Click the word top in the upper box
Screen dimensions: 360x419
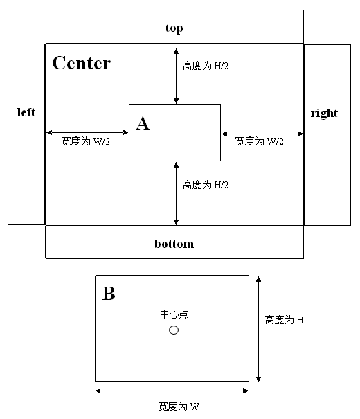[x=174, y=28]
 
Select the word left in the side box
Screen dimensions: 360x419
[x=26, y=112]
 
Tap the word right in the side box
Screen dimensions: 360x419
[x=324, y=114]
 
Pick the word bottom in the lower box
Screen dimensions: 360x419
[x=174, y=244]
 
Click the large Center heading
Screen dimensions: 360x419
[x=82, y=63]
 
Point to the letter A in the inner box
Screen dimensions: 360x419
[x=143, y=123]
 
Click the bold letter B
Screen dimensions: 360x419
[x=109, y=294]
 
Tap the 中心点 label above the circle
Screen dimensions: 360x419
[x=174, y=314]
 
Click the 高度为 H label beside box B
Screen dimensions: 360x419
[x=284, y=320]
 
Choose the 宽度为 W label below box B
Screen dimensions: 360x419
[x=179, y=406]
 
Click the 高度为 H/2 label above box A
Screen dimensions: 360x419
[x=206, y=66]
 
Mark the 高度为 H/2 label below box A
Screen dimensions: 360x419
[x=206, y=185]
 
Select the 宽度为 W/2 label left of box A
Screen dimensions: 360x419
[x=85, y=141]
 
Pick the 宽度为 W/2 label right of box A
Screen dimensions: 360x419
[x=259, y=141]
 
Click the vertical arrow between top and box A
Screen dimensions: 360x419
[x=176, y=76]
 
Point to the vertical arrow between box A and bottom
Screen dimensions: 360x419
[x=176, y=193]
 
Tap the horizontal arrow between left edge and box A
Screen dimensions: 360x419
[x=87, y=132]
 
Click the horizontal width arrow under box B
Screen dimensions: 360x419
[x=172, y=391]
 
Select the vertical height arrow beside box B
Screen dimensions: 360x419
[x=258, y=329]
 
